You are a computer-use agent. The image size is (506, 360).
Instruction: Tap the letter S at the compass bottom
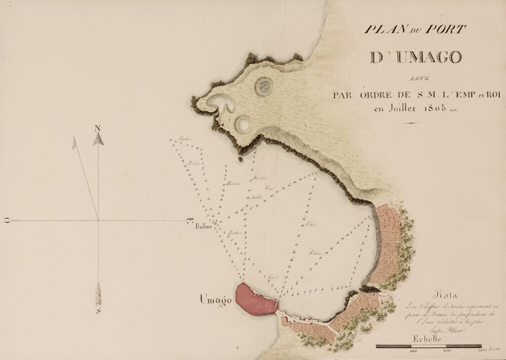(98, 311)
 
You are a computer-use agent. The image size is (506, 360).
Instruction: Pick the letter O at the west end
(7, 221)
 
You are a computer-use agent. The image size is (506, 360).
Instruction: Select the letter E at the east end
(190, 221)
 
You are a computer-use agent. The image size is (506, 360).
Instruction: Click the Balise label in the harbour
(203, 227)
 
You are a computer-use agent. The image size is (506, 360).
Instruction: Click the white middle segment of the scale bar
(428, 346)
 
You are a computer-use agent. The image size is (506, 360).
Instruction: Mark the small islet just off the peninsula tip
(240, 159)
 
